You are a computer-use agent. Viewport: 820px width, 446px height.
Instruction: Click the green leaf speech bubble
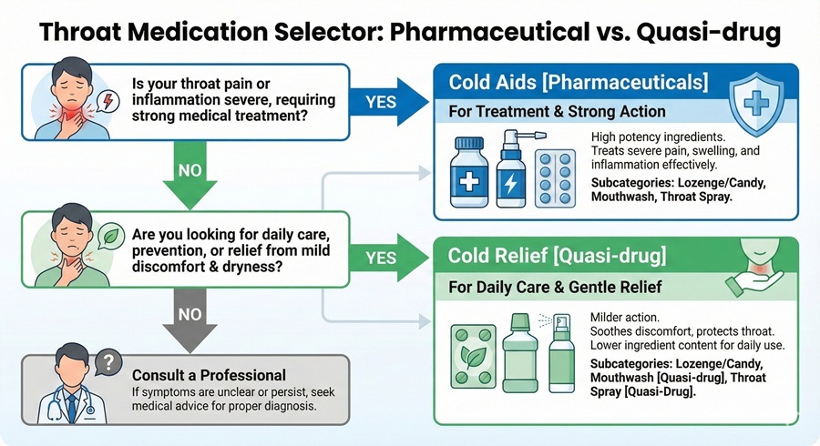point(109,232)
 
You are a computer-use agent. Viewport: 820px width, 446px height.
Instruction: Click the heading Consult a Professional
point(209,374)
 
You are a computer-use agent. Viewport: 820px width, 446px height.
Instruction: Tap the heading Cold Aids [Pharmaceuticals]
point(578,82)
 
